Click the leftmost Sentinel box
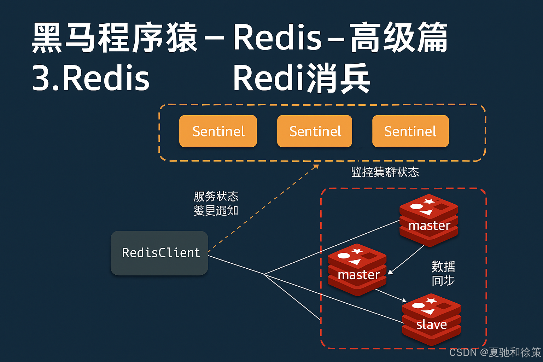[x=218, y=131]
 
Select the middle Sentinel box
[x=315, y=131]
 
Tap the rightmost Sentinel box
[x=410, y=131]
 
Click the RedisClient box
[x=159, y=253]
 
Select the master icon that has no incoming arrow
[x=429, y=220]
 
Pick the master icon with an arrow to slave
[x=357, y=270]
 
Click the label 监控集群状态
[x=385, y=172]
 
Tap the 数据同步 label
[x=443, y=273]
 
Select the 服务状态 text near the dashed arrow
[x=216, y=196]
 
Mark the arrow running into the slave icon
[x=391, y=296]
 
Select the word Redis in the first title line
[x=277, y=37]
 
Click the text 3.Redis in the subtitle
[x=91, y=78]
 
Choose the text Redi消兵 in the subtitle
[x=301, y=78]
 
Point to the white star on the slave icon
[x=431, y=301]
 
